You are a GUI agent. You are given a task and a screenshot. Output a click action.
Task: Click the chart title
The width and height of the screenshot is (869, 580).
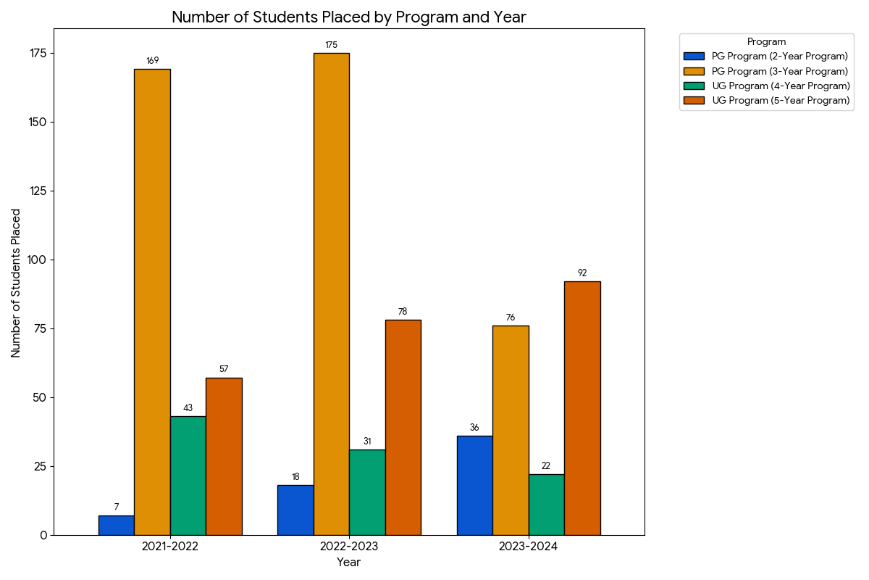(348, 17)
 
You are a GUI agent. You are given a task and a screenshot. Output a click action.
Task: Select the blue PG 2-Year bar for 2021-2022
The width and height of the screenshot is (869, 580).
(116, 525)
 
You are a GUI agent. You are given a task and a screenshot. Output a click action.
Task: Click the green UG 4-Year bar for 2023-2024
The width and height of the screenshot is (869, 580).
(546, 505)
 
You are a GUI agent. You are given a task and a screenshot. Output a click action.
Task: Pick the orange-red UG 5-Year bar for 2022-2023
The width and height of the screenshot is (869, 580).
(403, 427)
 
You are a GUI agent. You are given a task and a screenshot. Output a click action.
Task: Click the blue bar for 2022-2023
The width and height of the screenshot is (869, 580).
(295, 510)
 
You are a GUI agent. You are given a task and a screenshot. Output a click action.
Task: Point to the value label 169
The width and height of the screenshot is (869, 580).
(152, 61)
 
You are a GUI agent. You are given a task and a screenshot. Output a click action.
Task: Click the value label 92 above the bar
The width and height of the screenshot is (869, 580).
(582, 273)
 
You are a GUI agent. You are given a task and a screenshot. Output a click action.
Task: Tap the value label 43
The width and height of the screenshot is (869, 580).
(188, 408)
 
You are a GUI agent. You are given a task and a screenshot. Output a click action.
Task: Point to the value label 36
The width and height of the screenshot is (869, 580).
(474, 428)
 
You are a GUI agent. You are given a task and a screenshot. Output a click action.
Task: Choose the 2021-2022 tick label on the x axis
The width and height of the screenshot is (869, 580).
(170, 547)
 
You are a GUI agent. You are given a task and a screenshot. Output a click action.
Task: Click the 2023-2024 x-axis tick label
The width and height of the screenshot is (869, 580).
(528, 547)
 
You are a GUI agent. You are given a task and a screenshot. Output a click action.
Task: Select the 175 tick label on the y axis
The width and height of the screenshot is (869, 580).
(38, 54)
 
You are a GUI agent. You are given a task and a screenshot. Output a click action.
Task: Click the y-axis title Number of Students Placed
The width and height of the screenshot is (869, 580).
(16, 283)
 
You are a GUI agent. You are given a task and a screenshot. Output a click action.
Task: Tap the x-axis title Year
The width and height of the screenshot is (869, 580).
(348, 562)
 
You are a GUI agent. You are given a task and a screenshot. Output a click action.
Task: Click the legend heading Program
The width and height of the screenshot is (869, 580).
(766, 42)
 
